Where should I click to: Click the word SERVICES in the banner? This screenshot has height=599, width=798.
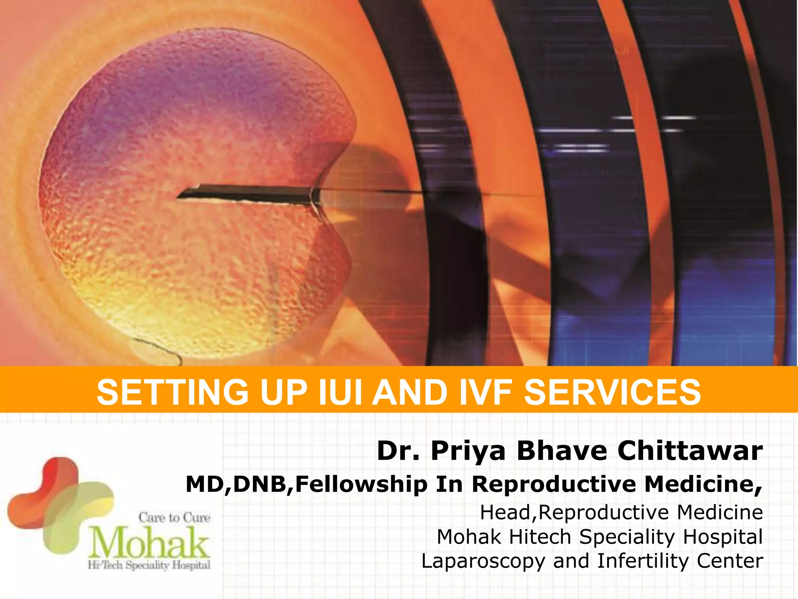click(613, 392)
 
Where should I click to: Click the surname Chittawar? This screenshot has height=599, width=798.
click(690, 451)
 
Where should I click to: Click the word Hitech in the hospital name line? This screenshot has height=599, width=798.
click(540, 537)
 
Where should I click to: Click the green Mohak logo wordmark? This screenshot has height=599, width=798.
click(150, 542)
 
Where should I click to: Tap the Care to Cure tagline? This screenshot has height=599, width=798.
click(174, 517)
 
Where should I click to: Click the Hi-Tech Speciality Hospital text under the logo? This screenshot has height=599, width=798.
click(149, 565)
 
